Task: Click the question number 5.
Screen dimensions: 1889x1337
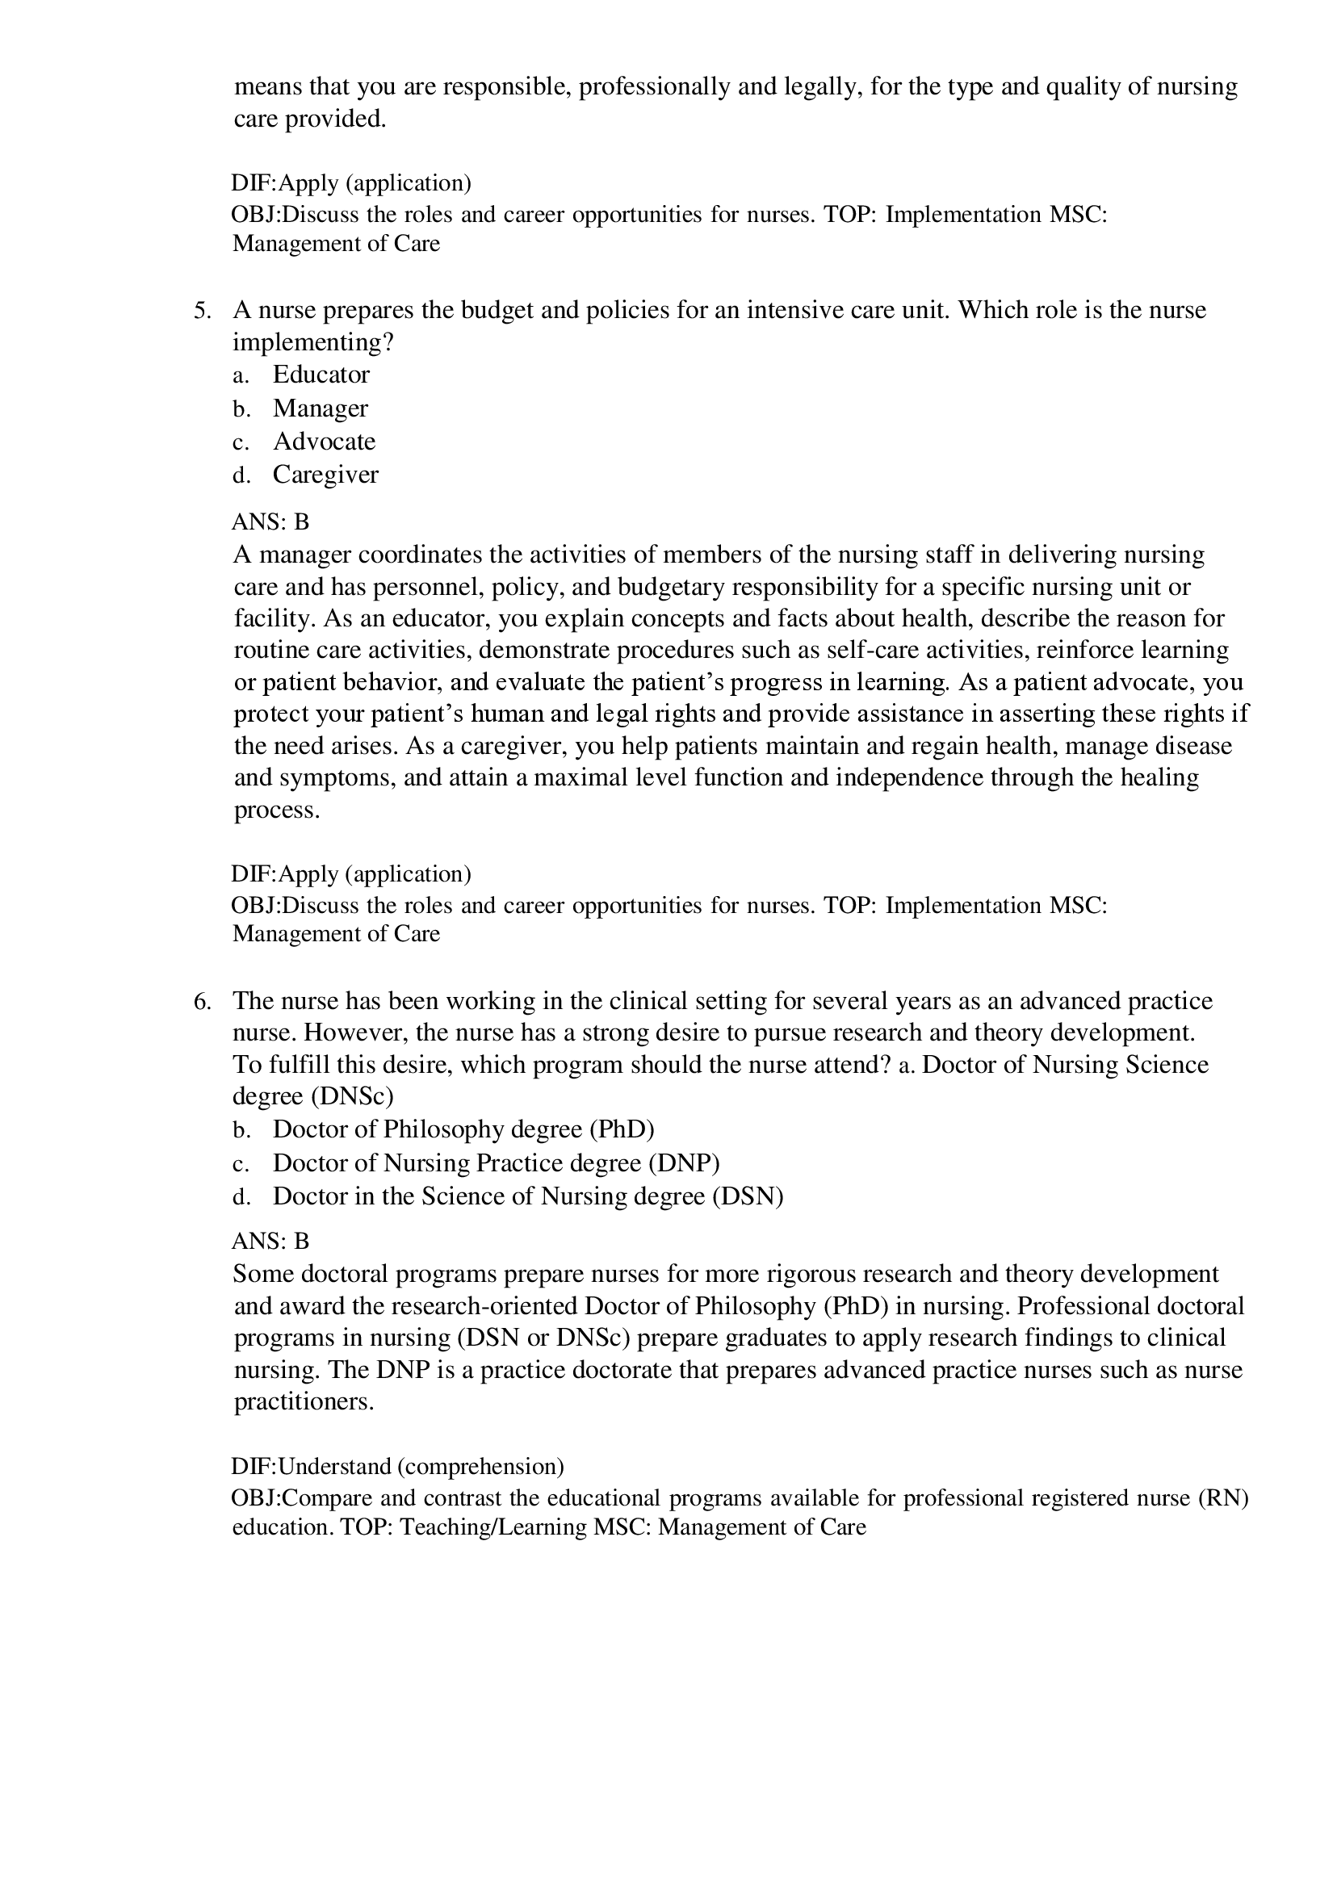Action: coord(203,311)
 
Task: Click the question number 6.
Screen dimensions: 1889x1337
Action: coord(203,1002)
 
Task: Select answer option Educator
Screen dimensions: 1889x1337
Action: coord(321,375)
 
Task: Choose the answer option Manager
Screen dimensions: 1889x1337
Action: coord(321,408)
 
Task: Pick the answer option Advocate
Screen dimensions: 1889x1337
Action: coord(324,442)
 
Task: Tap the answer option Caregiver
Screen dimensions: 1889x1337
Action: coord(325,475)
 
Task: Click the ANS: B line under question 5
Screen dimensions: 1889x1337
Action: coord(270,521)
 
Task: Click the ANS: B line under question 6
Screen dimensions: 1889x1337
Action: coord(270,1242)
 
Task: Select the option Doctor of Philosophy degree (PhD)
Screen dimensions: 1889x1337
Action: coord(463,1129)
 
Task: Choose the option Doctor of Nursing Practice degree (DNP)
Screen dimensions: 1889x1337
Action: coord(496,1162)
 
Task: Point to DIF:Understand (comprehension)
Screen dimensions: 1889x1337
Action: coord(398,1466)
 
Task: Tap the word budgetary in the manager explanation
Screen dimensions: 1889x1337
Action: coord(669,587)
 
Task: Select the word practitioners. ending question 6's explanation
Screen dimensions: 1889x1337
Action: coord(304,1401)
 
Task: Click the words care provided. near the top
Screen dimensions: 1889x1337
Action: coord(309,119)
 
